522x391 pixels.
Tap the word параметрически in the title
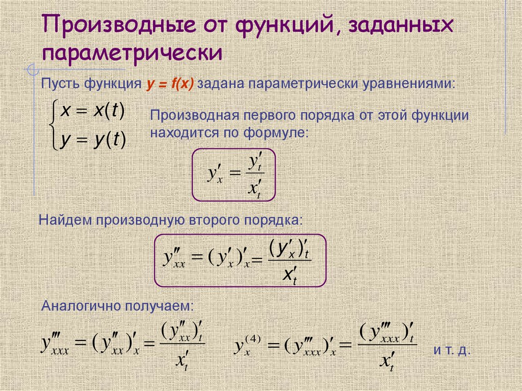tap(132, 53)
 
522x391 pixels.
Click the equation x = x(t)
tap(92, 112)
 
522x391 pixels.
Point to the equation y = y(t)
tap(92, 139)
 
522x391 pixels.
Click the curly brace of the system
tap(53, 125)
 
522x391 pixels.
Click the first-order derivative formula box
tap(233, 174)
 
